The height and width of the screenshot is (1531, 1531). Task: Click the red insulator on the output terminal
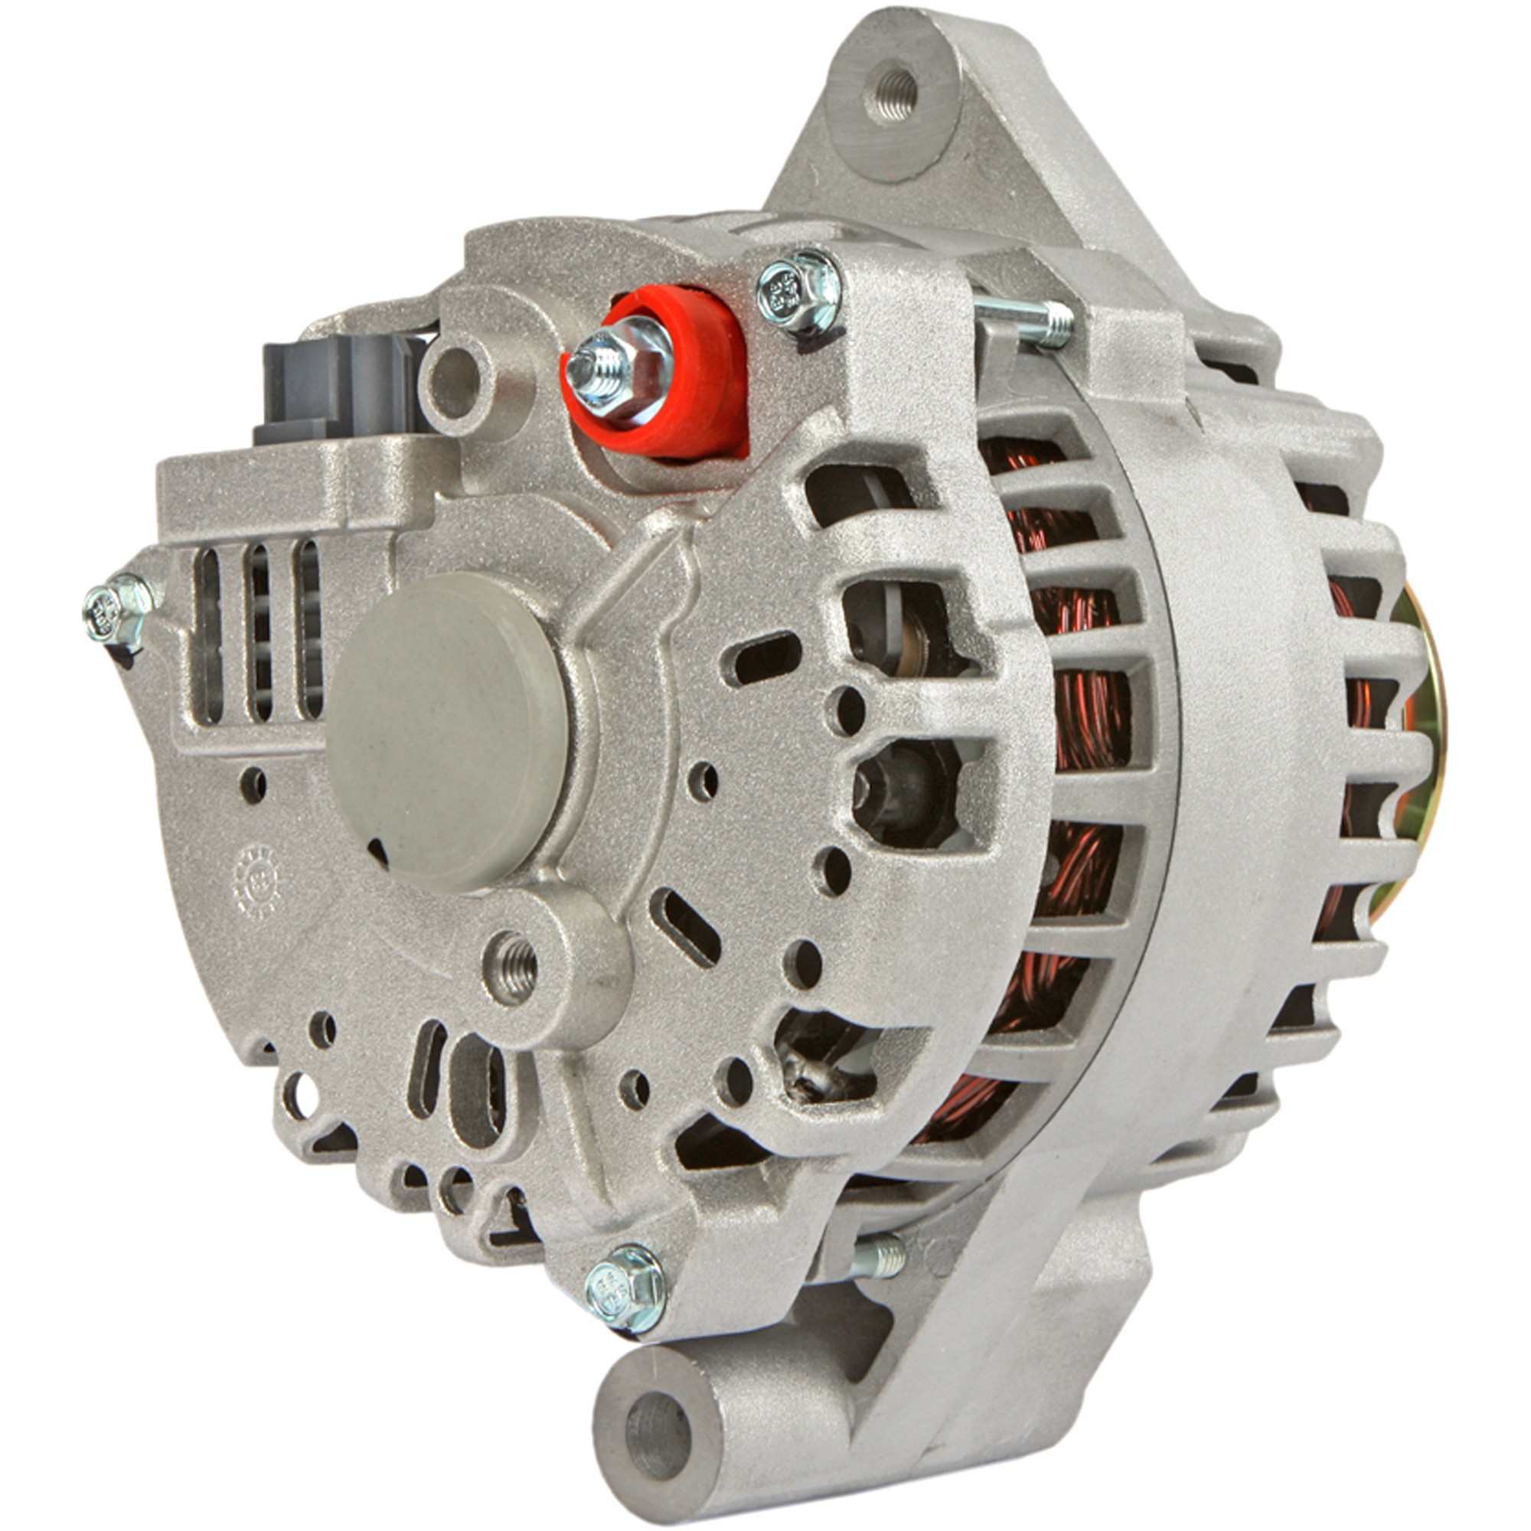point(697,380)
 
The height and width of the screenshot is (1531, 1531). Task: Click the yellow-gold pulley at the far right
point(1426,713)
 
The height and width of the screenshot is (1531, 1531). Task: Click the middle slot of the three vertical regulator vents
point(260,630)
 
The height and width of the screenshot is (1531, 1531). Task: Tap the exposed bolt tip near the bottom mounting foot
point(887,1258)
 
